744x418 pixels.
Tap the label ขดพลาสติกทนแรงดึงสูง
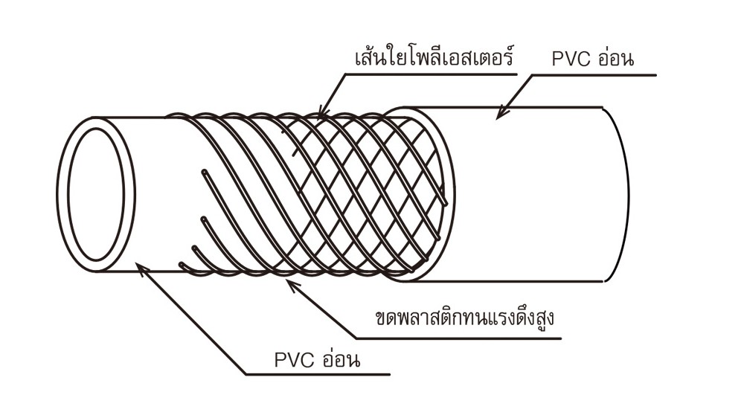tap(466, 318)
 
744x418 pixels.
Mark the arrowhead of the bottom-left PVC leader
tap(141, 266)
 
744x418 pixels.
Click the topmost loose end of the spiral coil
tap(202, 173)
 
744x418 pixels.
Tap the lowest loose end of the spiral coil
tap(182, 265)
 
